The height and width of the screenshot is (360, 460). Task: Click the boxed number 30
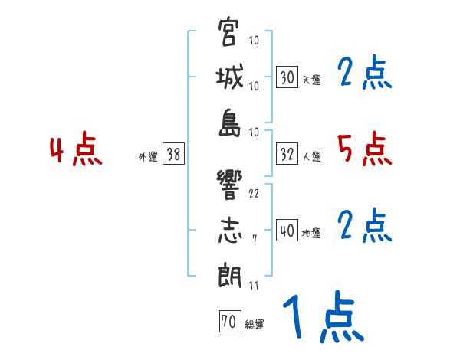tap(287, 77)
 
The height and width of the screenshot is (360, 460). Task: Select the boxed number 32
tap(287, 154)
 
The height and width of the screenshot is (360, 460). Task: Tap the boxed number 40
tap(287, 231)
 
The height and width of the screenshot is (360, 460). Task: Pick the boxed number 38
tap(173, 154)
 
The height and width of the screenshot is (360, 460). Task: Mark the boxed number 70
tap(228, 322)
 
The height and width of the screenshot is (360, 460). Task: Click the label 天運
tap(311, 80)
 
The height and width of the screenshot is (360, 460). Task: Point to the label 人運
tap(311, 156)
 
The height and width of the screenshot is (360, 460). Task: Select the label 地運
tap(311, 233)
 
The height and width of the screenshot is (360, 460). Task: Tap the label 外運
tap(148, 156)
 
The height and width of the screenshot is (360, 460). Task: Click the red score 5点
tap(364, 149)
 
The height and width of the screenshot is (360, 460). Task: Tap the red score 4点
tap(75, 149)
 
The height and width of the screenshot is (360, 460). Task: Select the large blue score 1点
tap(322, 318)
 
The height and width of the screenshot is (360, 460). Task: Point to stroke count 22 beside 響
tap(254, 192)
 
